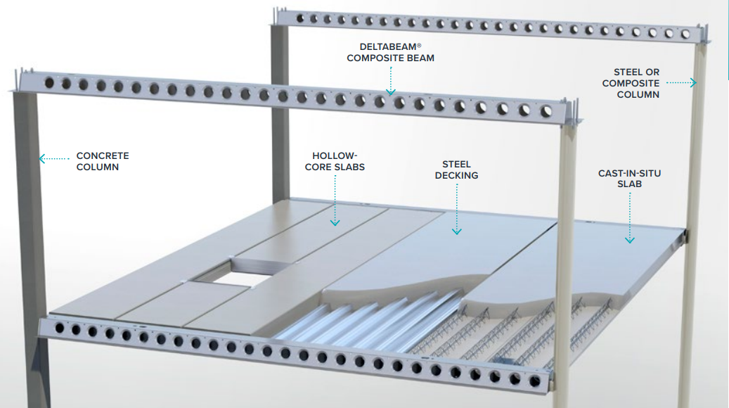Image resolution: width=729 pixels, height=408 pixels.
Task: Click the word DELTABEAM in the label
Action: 388,47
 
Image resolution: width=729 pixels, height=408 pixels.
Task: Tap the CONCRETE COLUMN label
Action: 103,161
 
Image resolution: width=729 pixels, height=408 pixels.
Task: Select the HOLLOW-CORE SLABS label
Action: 335,161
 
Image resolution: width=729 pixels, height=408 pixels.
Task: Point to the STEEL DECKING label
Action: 456,170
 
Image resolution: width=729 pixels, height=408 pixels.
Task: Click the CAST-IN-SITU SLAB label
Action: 629,179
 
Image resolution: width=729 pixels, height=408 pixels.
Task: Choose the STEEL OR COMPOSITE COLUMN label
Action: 631,83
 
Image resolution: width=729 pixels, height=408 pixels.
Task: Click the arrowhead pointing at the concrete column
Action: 42,159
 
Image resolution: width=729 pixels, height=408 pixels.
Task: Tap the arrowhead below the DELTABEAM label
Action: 391,92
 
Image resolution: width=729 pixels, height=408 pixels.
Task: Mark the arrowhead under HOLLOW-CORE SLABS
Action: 335,223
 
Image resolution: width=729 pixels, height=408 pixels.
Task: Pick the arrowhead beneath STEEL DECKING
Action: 457,231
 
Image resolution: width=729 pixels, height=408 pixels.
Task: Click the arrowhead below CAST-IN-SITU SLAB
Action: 629,240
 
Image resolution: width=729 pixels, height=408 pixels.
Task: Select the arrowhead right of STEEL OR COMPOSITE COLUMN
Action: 694,83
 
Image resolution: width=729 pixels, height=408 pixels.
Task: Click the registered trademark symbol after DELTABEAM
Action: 419,46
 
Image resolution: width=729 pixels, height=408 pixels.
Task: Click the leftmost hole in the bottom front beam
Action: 60,328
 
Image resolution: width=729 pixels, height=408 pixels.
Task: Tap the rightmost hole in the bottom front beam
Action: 535,381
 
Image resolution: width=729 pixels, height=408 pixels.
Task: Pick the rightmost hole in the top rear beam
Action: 685,34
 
